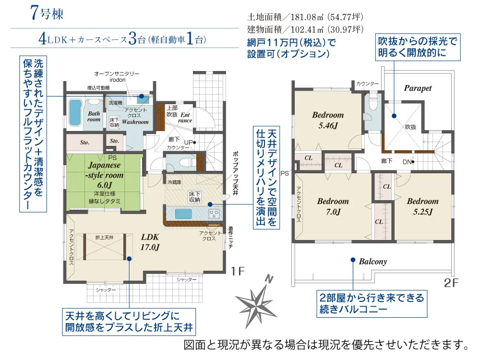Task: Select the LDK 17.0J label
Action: coord(150,242)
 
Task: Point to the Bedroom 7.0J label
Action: coord(333,206)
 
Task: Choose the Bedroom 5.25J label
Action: coord(422,206)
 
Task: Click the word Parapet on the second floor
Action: coord(418,88)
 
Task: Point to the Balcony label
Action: coord(372,262)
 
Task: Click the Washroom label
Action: coord(135,122)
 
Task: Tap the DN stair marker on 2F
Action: coord(407,161)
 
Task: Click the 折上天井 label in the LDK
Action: coord(104,238)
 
